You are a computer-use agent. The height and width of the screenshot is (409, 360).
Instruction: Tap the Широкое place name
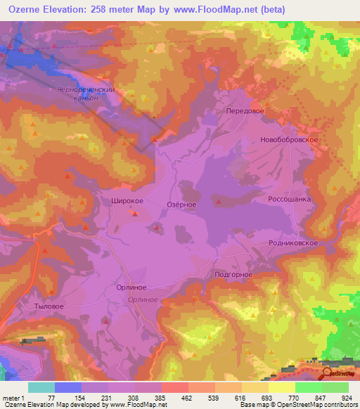coord(128,201)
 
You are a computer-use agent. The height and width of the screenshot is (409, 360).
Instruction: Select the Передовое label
coord(245,111)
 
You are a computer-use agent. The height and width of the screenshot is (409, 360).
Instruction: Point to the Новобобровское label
coord(290,140)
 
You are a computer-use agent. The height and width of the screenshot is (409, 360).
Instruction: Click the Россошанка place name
coord(289,199)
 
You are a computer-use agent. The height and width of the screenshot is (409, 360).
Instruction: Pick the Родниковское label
coord(294,242)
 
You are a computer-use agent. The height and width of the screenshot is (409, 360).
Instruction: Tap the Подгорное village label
coord(233,275)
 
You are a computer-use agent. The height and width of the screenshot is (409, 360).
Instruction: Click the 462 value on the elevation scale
coord(187,398)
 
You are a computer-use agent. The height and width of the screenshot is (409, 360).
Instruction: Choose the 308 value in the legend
coord(134,398)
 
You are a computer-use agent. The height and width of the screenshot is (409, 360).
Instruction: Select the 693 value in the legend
coord(267,398)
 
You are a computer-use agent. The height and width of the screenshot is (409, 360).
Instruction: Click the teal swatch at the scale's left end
coord(41,387)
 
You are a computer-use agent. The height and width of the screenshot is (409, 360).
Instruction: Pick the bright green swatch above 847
coord(308,387)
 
